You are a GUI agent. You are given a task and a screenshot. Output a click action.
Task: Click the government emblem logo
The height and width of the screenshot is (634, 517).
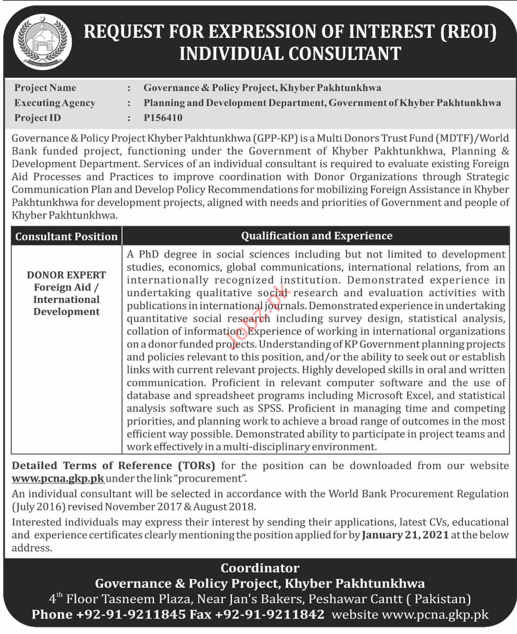tap(45, 42)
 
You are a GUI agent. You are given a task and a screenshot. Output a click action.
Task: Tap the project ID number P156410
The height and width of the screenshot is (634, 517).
tap(163, 118)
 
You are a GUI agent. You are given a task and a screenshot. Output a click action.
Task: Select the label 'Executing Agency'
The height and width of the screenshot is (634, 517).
tap(55, 103)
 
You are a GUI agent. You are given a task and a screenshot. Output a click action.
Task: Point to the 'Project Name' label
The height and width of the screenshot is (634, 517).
tap(45, 88)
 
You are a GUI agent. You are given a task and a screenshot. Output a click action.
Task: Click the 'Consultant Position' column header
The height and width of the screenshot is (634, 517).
tap(66, 237)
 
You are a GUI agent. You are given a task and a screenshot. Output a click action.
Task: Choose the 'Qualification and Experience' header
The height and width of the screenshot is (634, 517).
tap(316, 236)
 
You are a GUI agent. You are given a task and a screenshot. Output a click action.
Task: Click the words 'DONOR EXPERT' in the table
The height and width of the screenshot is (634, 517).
tap(66, 275)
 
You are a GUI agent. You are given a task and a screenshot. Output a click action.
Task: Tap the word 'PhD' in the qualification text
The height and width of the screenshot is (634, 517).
tap(149, 254)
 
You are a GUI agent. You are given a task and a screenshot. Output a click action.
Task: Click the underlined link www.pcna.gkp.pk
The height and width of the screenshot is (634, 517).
tap(58, 478)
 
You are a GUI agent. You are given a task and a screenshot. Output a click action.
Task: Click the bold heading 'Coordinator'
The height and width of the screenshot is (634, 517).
tap(260, 568)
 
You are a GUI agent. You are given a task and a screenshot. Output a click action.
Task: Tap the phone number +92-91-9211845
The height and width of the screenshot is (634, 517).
tap(131, 614)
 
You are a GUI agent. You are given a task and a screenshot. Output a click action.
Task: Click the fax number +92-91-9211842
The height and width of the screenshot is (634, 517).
tap(269, 614)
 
